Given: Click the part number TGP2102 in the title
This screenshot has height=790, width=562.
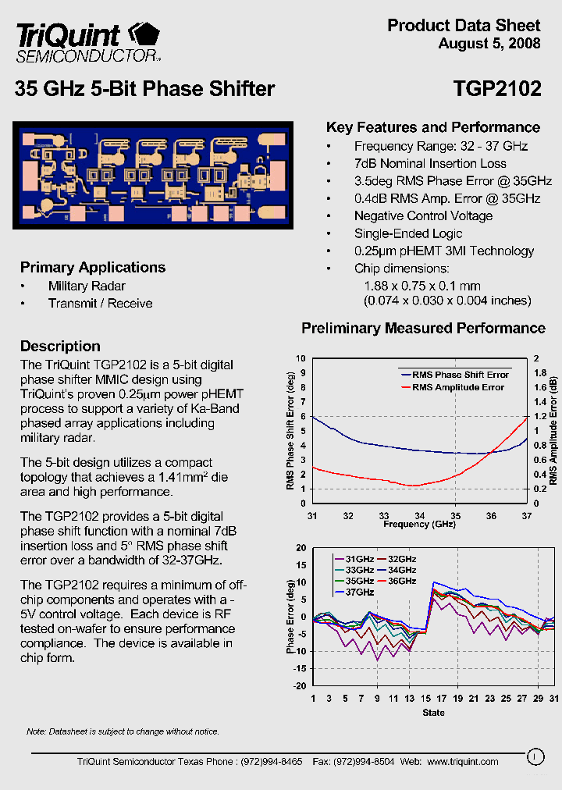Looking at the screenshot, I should click(496, 89).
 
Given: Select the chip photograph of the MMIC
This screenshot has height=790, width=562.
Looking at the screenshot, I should click(153, 175).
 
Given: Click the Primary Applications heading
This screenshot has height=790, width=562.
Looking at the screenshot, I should click(93, 267).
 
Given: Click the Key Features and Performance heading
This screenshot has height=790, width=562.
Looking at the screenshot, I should click(432, 127).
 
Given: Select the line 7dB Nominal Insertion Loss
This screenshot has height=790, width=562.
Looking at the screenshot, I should click(430, 164).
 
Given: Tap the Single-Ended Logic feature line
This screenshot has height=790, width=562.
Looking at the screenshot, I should click(408, 233).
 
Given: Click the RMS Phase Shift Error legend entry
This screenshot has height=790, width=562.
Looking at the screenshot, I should click(461, 375).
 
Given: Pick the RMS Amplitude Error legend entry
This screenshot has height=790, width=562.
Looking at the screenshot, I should click(458, 387).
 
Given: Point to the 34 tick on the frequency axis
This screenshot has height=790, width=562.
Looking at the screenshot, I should click(420, 515).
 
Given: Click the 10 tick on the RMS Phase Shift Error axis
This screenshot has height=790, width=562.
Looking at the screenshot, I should click(302, 358).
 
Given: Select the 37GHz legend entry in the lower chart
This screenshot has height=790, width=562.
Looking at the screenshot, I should click(360, 592).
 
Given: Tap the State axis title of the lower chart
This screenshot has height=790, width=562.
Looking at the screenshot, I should click(433, 712).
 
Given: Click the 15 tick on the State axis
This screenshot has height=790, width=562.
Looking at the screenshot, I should click(425, 698).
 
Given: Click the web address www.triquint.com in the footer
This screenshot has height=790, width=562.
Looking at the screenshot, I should click(463, 761).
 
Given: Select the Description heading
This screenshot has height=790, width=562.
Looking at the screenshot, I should click(60, 346).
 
